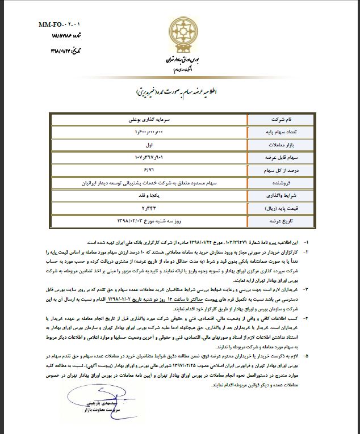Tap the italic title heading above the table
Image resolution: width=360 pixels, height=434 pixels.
pos(180,91)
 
